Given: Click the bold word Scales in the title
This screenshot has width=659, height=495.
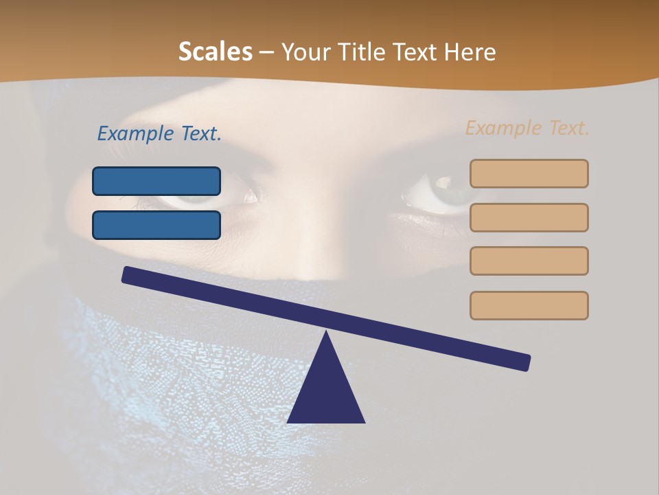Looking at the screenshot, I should click(x=215, y=52).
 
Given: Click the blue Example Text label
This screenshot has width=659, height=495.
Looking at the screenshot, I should click(x=159, y=133).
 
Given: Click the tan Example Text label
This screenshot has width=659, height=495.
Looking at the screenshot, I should click(x=527, y=128).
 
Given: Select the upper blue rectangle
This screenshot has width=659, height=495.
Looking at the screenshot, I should click(x=157, y=181).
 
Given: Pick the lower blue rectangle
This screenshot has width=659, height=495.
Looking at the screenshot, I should click(x=157, y=225).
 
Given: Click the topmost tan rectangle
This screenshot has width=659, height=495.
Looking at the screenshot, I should click(x=529, y=173).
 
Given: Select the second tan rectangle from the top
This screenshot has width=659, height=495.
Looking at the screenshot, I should click(x=529, y=217).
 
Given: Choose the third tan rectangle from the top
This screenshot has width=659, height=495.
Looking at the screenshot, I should click(x=529, y=261).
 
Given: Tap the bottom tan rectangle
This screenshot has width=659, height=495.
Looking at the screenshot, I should click(x=529, y=305).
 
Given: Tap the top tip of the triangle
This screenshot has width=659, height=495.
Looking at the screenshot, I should click(x=327, y=334).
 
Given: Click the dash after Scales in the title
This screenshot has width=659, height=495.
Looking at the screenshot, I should click(x=266, y=52).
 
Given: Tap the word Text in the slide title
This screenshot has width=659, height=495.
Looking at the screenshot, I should click(x=413, y=52).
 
